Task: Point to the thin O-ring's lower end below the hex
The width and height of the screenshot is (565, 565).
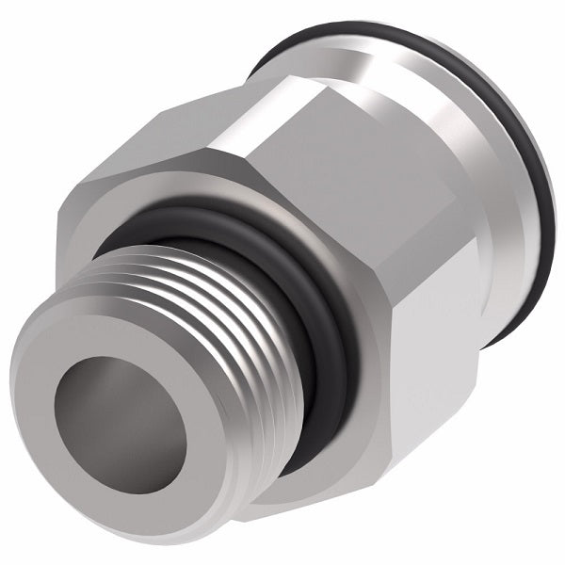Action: (x=499, y=325)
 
